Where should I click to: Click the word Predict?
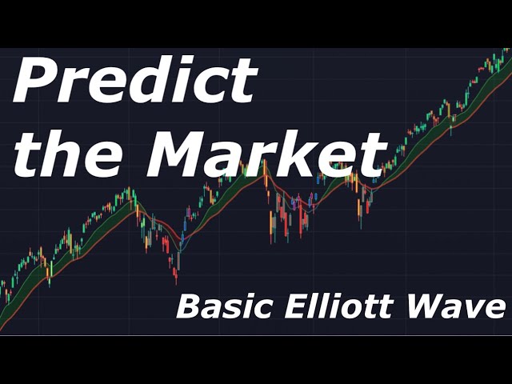click(x=134, y=80)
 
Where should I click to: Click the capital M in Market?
click(x=178, y=154)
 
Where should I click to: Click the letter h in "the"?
click(x=61, y=152)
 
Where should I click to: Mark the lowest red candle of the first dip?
click(x=176, y=278)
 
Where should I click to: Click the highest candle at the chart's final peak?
click(x=506, y=50)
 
